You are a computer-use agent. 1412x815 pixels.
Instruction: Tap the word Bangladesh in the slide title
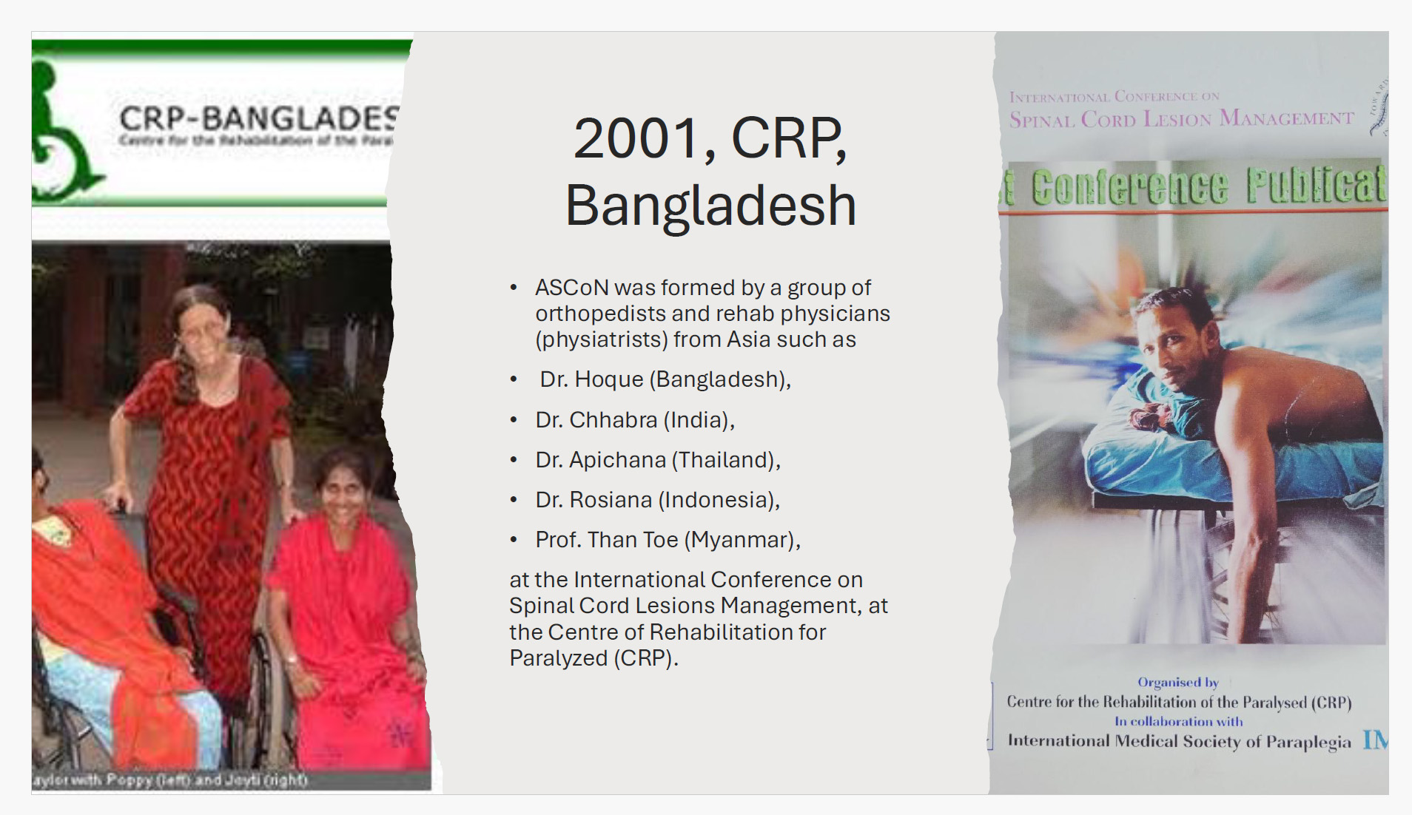click(710, 206)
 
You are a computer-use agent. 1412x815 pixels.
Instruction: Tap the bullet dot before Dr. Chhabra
click(514, 420)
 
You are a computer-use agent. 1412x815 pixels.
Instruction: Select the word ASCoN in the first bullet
click(571, 287)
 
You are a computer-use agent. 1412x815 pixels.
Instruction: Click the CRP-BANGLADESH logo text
click(259, 118)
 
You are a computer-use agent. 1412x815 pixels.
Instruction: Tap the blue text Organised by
click(1177, 682)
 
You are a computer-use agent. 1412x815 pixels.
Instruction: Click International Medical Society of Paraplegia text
click(1179, 741)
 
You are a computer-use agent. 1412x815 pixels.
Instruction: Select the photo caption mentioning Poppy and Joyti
click(170, 780)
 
